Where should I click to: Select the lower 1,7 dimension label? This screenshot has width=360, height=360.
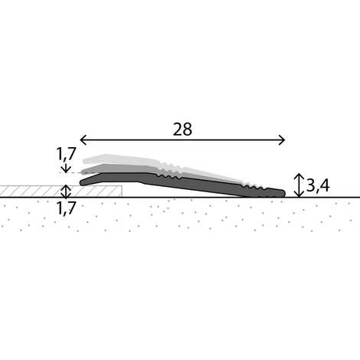click(67, 208)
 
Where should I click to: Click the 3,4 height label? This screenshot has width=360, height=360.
click(319, 185)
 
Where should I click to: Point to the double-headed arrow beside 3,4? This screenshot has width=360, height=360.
click(299, 185)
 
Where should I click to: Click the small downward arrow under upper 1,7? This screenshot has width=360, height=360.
click(66, 168)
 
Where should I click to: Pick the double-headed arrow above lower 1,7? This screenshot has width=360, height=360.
click(66, 191)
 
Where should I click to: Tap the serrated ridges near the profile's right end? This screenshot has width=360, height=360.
click(257, 188)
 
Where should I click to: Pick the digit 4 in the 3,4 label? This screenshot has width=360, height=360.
click(325, 185)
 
